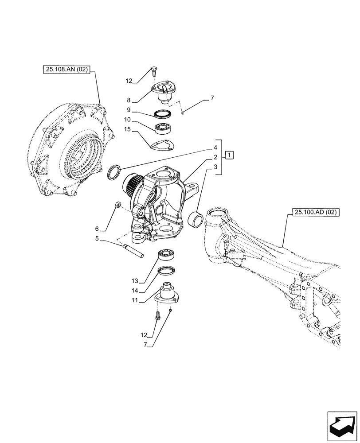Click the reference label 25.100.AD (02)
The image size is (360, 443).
click(315, 213)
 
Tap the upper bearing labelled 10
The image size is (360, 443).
click(163, 129)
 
